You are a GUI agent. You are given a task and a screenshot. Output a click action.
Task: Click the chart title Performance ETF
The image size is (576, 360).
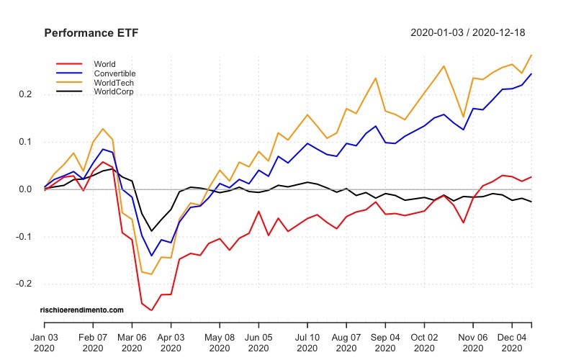pyautogui.click(x=91, y=33)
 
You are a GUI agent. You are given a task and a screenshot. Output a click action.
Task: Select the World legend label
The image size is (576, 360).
pyautogui.click(x=104, y=64)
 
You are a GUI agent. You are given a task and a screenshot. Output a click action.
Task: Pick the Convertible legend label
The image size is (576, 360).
pyautogui.click(x=114, y=73)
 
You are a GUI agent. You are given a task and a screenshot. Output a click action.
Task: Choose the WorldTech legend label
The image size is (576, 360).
pyautogui.click(x=114, y=83)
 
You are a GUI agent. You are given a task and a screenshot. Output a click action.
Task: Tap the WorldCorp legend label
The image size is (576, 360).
pyautogui.click(x=114, y=92)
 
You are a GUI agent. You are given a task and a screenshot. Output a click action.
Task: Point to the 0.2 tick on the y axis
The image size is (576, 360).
pyautogui.click(x=26, y=94)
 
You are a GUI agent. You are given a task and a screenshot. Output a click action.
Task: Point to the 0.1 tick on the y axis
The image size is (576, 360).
pyautogui.click(x=26, y=142)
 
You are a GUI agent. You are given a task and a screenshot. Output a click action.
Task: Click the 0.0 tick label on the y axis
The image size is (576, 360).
pyautogui.click(x=26, y=189)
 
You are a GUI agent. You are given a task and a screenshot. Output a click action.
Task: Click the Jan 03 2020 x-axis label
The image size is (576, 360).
pyautogui.click(x=45, y=341)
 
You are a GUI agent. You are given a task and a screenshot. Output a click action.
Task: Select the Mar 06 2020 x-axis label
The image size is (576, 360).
pyautogui.click(x=132, y=341)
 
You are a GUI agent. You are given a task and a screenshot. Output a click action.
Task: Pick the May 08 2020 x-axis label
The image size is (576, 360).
pyautogui.click(x=220, y=341)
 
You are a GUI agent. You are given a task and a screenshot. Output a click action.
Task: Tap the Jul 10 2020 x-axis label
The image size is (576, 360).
pyautogui.click(x=307, y=341)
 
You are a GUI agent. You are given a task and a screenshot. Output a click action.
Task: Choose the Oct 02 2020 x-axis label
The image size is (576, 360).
pyautogui.click(x=423, y=341)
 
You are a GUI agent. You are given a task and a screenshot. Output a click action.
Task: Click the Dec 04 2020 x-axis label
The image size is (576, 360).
pyautogui.click(x=512, y=341)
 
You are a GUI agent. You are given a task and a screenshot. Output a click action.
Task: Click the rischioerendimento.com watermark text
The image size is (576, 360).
pyautogui.click(x=82, y=310)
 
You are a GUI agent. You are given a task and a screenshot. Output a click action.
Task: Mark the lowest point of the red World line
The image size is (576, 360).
pyautogui.click(x=151, y=310)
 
